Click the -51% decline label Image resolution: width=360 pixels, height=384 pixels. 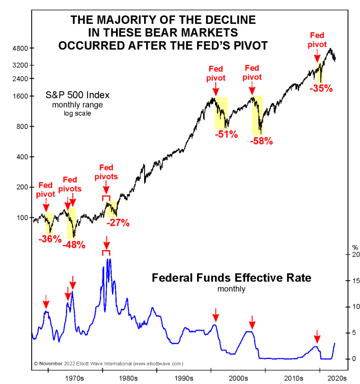point(226,135)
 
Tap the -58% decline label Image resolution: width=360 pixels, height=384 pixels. point(261,141)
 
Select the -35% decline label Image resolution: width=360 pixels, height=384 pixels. point(321,88)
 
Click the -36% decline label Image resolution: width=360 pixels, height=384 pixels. point(50,238)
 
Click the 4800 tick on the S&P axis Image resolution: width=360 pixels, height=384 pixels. point(20,48)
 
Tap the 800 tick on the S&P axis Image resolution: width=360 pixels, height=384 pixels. point(22,127)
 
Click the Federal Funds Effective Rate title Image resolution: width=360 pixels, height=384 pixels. point(232,278)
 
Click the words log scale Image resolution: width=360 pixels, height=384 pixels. point(76,113)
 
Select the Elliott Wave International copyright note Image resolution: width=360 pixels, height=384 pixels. point(108,364)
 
